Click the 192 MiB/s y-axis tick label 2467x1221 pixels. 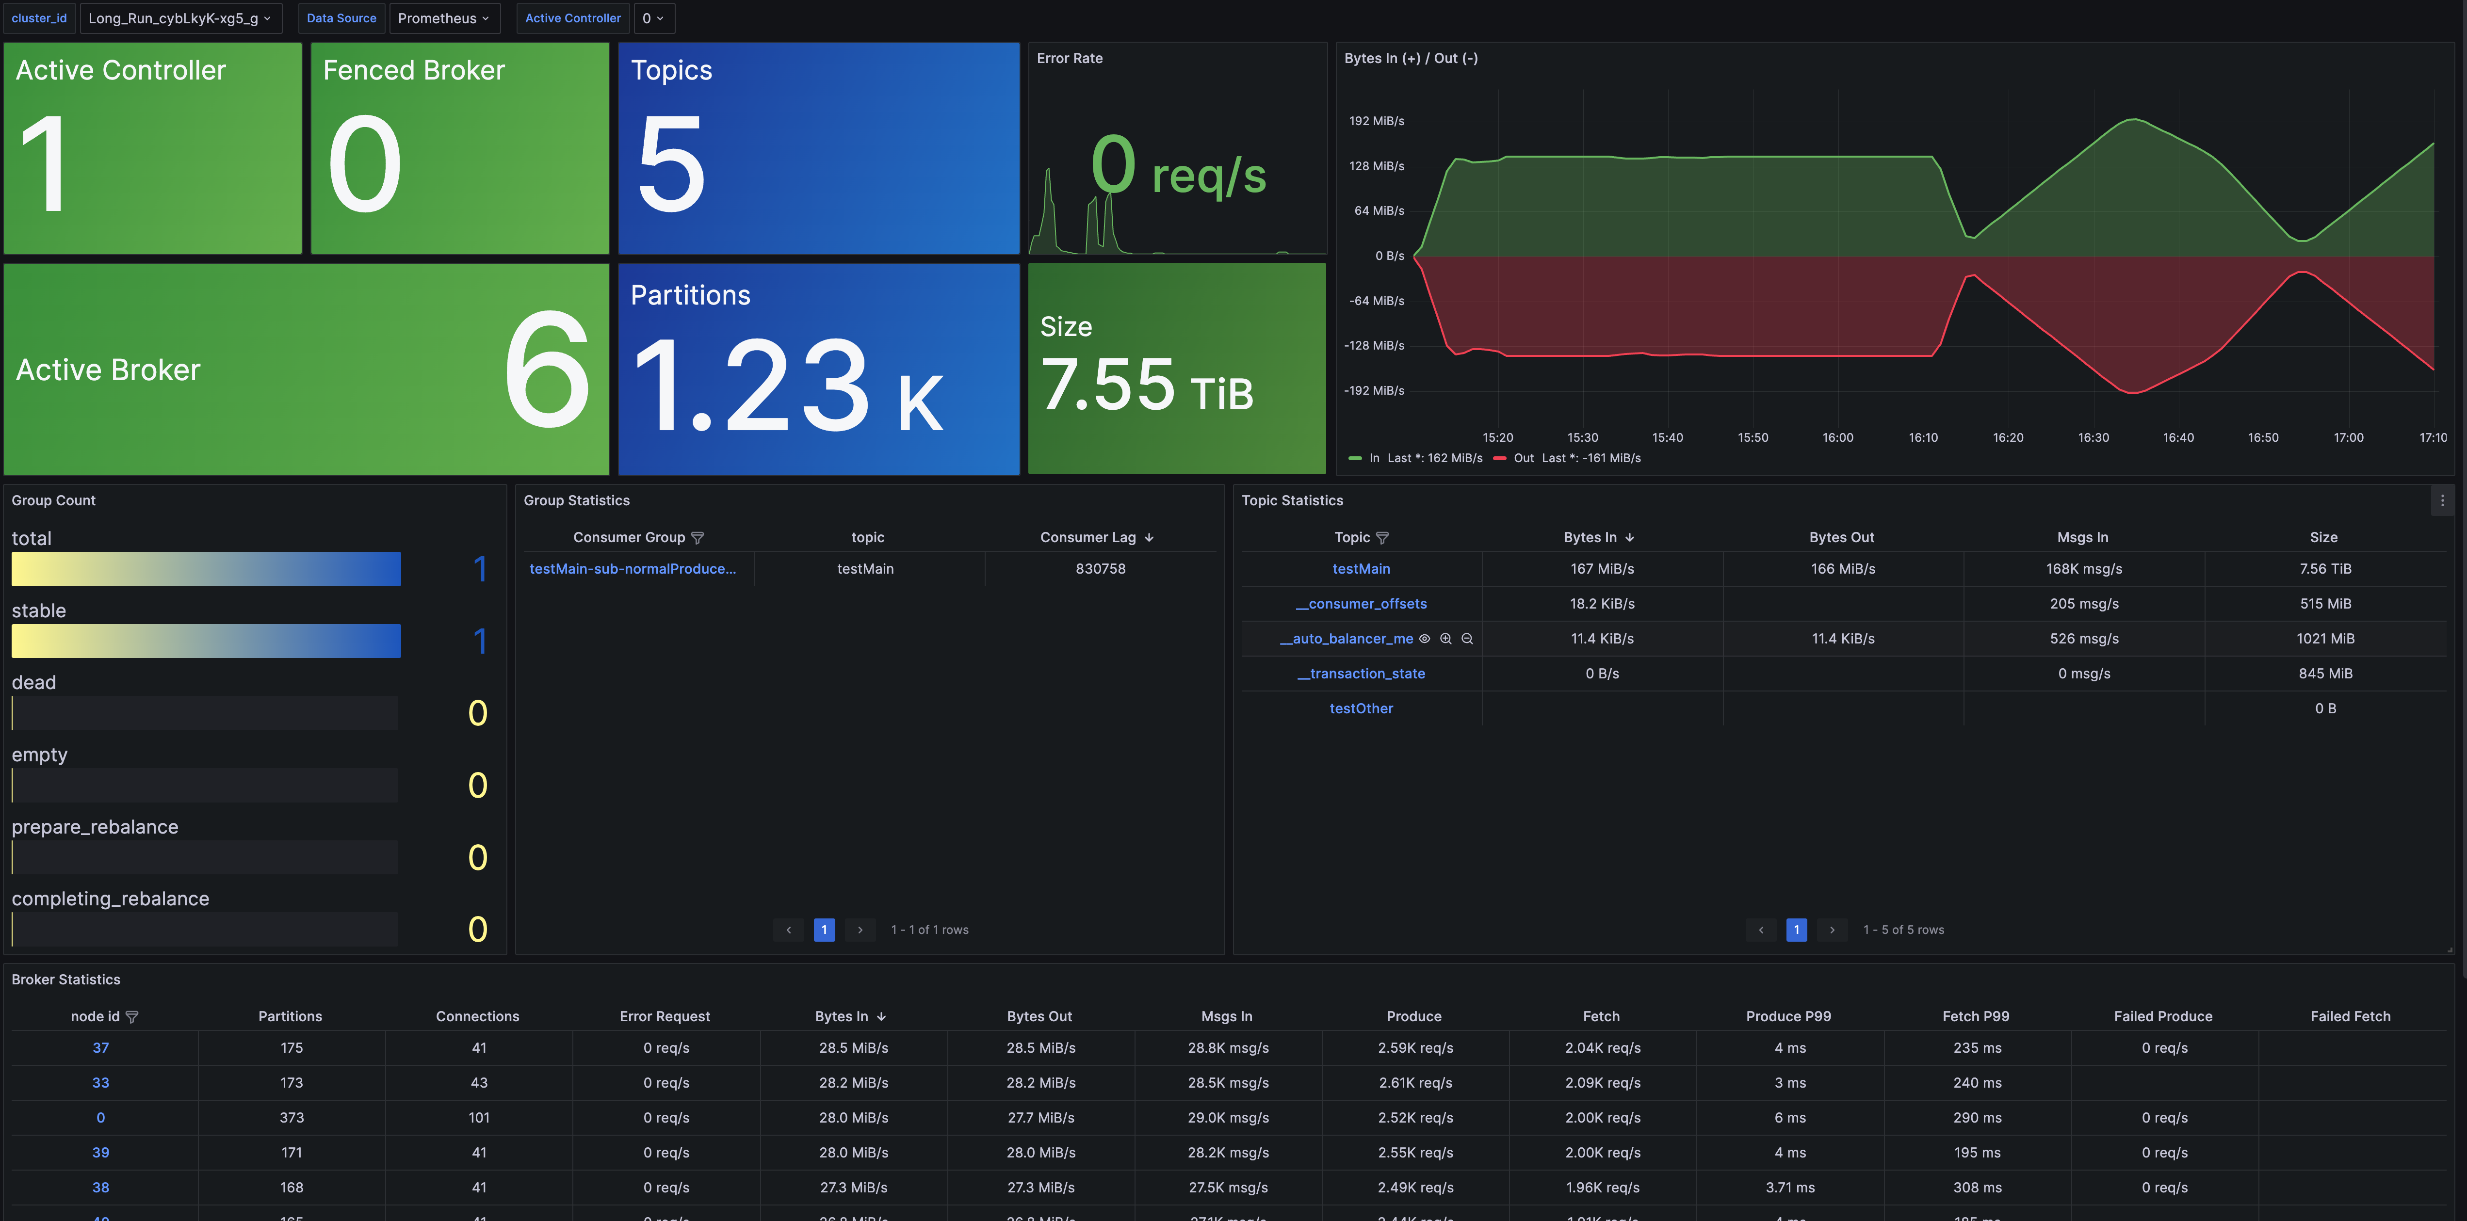tap(1376, 121)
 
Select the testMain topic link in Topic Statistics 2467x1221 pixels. tap(1361, 569)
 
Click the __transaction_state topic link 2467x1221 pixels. tap(1361, 673)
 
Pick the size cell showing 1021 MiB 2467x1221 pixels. tap(2324, 639)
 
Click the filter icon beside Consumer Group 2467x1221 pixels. tap(697, 538)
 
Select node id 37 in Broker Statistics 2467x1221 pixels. tap(100, 1048)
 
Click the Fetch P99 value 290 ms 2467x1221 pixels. tap(1977, 1118)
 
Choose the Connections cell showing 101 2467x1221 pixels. tap(479, 1118)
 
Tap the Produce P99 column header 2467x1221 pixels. tap(1788, 1016)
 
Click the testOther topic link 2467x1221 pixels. tap(1361, 708)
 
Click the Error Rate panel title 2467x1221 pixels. tap(1070, 58)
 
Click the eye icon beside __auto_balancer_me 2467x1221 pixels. tap(1424, 639)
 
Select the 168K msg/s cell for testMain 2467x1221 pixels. tap(2084, 569)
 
